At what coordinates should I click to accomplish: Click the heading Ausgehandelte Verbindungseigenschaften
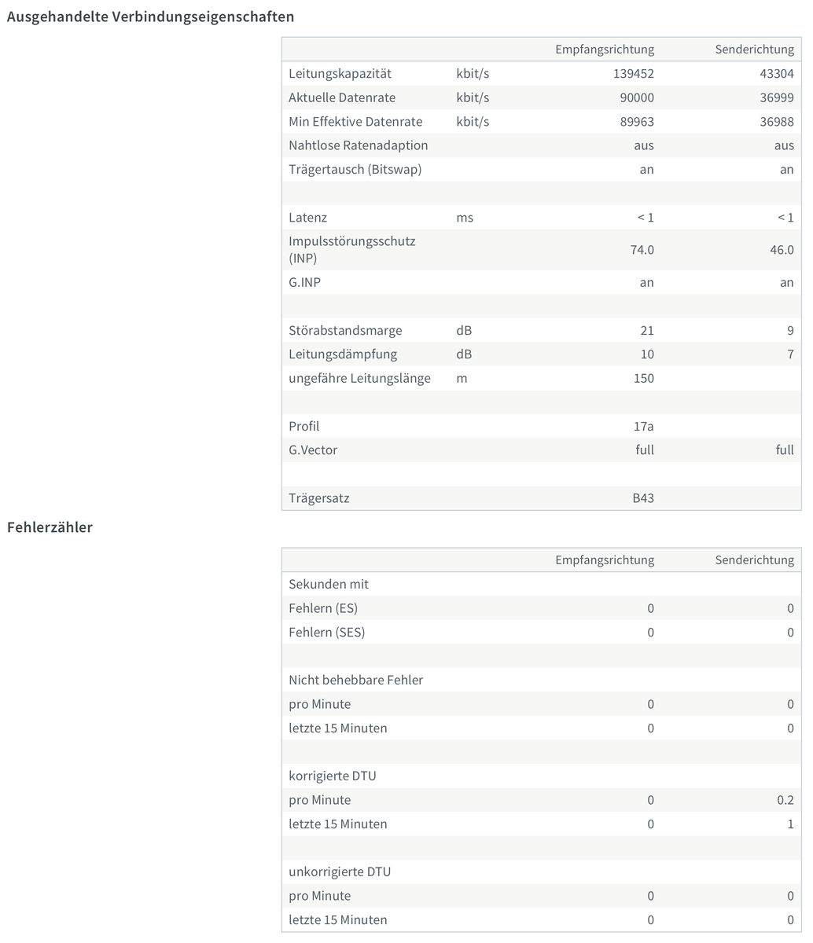coord(150,17)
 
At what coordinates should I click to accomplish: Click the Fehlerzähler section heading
coord(50,527)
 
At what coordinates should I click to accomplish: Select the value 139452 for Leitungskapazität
coord(633,74)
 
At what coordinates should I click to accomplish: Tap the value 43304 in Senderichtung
coord(777,74)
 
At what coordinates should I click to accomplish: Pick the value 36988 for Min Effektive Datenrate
coord(777,122)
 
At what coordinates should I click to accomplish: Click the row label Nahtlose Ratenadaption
coord(358,145)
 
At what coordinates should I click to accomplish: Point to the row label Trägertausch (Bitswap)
coord(355,169)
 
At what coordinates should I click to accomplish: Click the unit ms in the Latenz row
coord(465,217)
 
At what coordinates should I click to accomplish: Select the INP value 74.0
coord(641,249)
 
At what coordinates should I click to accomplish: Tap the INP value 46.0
coord(781,249)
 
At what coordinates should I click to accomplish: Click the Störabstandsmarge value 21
coord(646,330)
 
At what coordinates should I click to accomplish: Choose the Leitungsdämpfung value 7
coord(790,354)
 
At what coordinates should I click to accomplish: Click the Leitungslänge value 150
coord(643,378)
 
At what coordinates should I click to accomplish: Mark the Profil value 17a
coord(643,426)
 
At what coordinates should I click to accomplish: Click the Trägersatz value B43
coord(642,498)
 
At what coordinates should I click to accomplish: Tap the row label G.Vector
coord(313,450)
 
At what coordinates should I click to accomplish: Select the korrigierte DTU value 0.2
coord(784,800)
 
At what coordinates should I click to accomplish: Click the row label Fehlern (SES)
coord(326,632)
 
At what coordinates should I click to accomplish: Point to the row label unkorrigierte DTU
coord(340,871)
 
